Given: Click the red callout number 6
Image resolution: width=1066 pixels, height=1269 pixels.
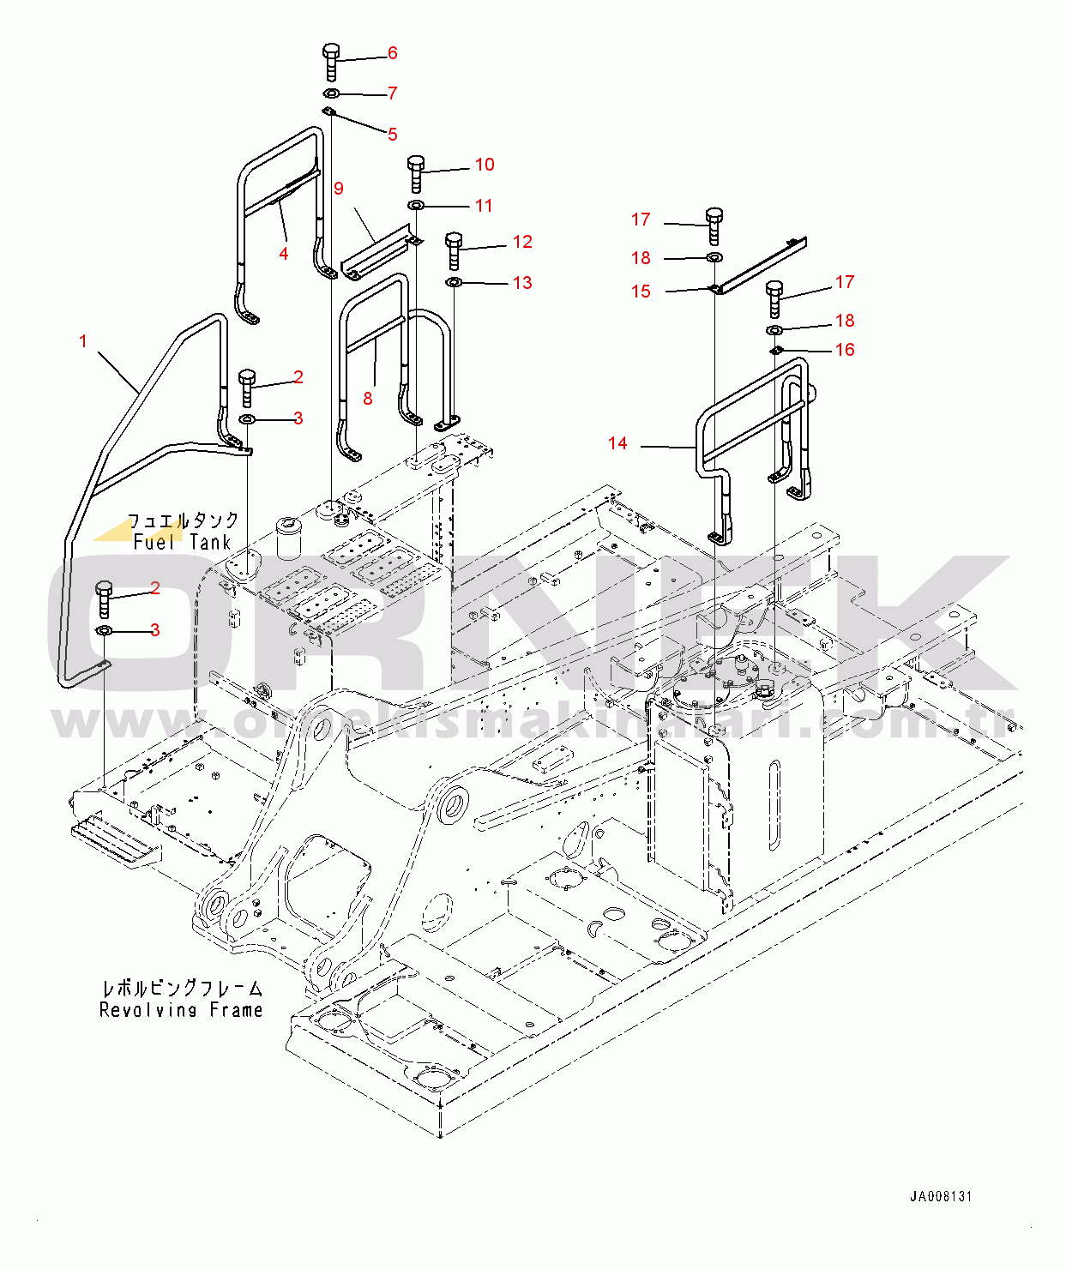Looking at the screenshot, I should pos(393,53).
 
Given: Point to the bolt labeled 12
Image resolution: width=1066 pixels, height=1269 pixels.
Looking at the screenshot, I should pos(455,250).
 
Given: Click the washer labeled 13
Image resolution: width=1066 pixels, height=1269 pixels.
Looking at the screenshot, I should pos(455,282).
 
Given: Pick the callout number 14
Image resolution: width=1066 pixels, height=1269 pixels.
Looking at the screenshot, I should pos(617,443).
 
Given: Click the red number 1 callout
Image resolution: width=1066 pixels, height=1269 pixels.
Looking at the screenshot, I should pos(83,341).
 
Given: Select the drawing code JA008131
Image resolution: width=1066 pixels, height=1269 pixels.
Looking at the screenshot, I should pos(941,1196).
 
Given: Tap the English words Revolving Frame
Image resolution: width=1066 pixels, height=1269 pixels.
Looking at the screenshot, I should pos(181,1010).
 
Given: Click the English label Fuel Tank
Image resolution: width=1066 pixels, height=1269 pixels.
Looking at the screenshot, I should pos(183,542).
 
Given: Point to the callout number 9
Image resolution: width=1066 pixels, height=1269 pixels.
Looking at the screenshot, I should pos(339,189).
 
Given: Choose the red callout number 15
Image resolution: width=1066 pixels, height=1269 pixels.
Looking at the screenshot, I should pos(641,292).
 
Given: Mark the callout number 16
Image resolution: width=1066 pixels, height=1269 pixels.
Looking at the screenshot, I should pos(845,350).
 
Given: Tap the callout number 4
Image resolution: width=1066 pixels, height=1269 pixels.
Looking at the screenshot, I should pos(284,253).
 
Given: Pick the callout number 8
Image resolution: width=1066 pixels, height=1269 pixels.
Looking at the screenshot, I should pos(368,399).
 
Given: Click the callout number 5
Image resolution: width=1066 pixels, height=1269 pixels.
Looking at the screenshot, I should pos(393,135).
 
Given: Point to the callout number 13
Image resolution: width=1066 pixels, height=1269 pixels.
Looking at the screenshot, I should pos(522,283).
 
